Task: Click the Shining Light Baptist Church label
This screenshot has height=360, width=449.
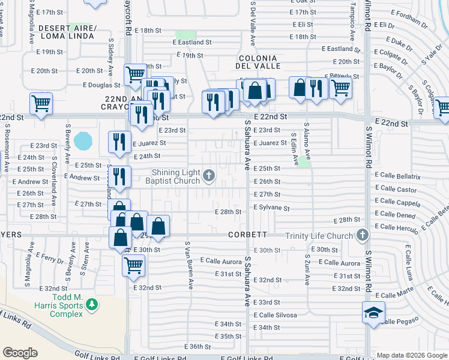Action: click(175, 177)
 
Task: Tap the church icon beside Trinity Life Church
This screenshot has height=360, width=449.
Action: click(362, 235)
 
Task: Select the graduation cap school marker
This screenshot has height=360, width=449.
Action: click(373, 313)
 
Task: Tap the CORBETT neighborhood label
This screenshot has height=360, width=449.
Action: click(247, 236)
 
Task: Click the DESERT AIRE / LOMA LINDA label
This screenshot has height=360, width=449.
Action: click(66, 32)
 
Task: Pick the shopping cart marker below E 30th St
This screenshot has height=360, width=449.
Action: click(133, 264)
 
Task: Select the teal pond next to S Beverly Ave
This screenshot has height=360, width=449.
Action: click(83, 142)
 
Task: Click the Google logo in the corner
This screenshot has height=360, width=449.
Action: click(20, 353)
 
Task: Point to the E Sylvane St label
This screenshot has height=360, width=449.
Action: click(271, 208)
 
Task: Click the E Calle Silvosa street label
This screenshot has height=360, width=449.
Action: click(276, 315)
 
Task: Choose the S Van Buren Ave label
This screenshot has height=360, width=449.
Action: click(189, 264)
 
